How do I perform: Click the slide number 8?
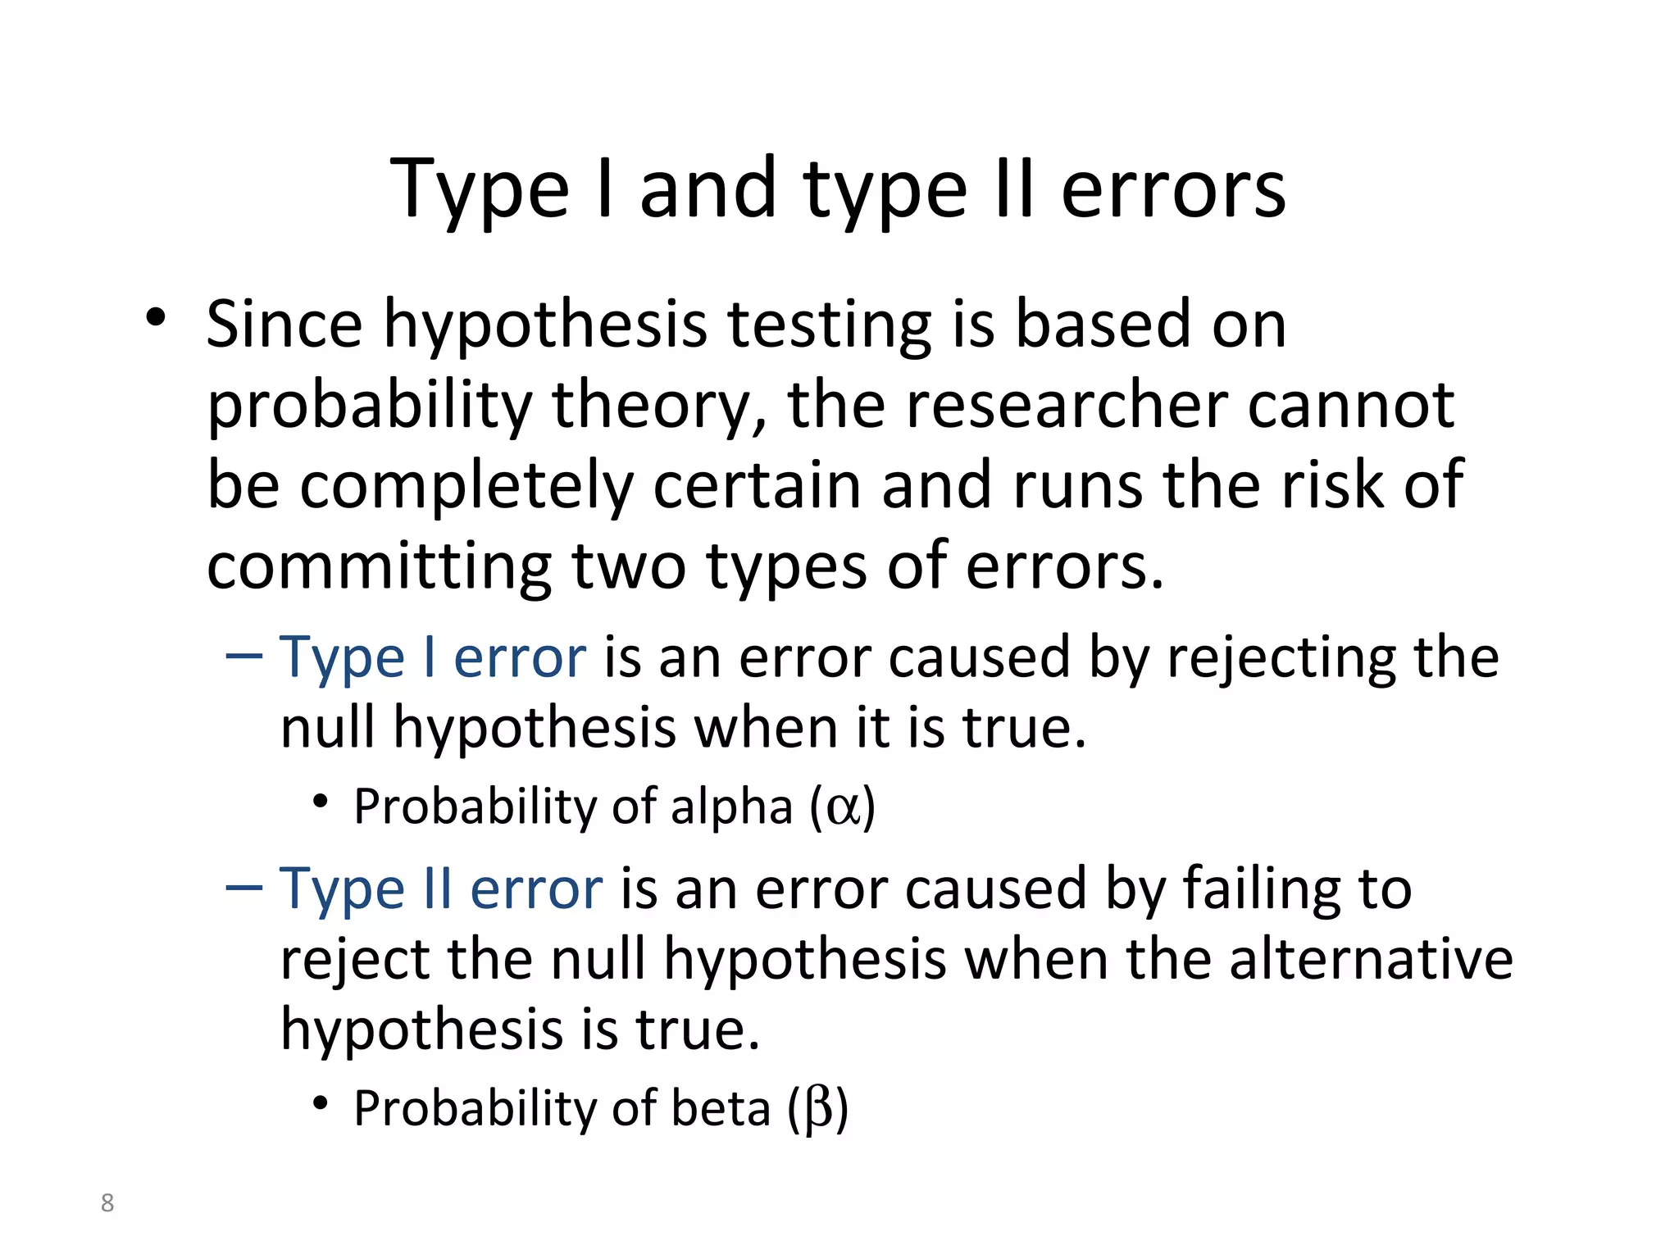click(107, 1203)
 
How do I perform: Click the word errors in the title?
click(1173, 189)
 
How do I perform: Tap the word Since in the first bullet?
click(284, 324)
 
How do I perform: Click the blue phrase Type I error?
click(433, 657)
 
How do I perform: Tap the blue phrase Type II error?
click(441, 889)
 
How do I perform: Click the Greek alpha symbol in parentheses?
click(843, 807)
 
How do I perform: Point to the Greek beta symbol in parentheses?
click(818, 1109)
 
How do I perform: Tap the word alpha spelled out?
click(731, 807)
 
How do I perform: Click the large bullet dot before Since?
click(156, 318)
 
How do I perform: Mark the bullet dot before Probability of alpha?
click(321, 802)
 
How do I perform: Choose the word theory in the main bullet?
click(661, 406)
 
